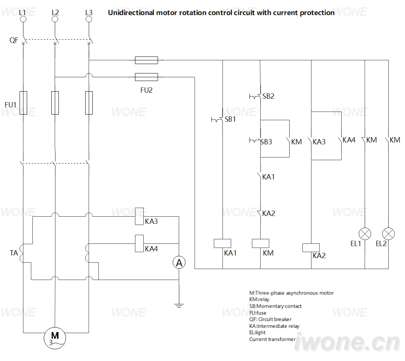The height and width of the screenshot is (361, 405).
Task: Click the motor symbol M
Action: pyautogui.click(x=55, y=338)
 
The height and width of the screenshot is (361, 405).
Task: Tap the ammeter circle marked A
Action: pyautogui.click(x=179, y=262)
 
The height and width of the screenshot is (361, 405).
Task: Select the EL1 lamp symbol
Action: pyautogui.click(x=365, y=234)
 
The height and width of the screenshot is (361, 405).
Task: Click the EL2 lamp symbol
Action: pyautogui.click(x=388, y=234)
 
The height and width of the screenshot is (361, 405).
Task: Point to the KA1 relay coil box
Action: pyautogui.click(x=222, y=243)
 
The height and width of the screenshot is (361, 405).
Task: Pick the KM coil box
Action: pyautogui.click(x=260, y=243)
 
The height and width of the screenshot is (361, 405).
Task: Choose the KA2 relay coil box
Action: pyautogui.click(x=311, y=248)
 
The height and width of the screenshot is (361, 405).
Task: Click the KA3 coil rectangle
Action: pyautogui.click(x=140, y=216)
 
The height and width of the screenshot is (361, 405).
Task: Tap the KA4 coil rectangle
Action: pyautogui.click(x=140, y=243)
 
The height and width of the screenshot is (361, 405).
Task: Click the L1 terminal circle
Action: pyautogui.click(x=23, y=19)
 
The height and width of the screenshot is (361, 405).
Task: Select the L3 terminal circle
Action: pyautogui.click(x=89, y=19)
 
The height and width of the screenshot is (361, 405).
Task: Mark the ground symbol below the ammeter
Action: pyautogui.click(x=179, y=306)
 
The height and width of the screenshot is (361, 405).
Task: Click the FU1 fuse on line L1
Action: pyautogui.click(x=23, y=103)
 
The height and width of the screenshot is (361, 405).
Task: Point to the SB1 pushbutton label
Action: pyautogui.click(x=230, y=119)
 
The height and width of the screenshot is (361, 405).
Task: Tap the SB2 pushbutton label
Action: pyautogui.click(x=268, y=96)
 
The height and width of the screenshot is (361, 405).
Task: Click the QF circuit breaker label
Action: pyautogui.click(x=14, y=40)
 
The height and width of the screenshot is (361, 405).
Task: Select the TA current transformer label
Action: pyautogui.click(x=14, y=253)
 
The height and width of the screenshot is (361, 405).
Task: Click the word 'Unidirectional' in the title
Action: pyautogui.click(x=131, y=13)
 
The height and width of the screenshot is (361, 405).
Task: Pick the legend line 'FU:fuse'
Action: pyautogui.click(x=258, y=313)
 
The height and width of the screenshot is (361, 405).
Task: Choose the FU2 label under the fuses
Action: pyautogui.click(x=146, y=90)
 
